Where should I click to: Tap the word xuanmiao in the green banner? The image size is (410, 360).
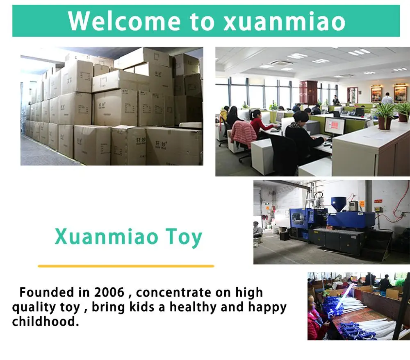285,21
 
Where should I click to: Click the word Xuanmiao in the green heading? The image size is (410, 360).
107,236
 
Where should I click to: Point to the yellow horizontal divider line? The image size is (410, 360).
126,266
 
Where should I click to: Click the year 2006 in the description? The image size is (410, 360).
109,292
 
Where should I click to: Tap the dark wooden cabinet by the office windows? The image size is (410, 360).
309,93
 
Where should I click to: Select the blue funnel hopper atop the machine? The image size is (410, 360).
339,203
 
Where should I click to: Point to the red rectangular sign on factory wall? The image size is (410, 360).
378,201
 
